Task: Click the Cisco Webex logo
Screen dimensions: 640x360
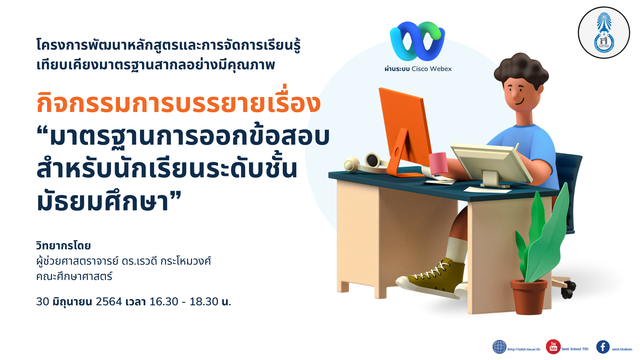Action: [417, 41]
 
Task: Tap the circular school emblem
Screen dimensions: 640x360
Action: [604, 33]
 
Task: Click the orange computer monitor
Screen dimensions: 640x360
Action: [405, 130]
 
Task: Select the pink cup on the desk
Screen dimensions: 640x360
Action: [438, 163]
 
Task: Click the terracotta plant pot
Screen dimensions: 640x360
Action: [529, 297]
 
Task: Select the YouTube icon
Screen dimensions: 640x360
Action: [553, 347]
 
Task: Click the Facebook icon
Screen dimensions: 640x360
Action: [603, 347]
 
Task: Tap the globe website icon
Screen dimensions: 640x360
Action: [499, 347]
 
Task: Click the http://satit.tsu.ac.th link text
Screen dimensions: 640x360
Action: [524, 349]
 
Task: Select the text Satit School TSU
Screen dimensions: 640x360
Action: [575, 349]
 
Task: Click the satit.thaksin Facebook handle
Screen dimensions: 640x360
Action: [622, 349]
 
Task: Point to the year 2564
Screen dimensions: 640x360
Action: [109, 302]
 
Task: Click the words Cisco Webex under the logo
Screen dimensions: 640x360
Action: [432, 69]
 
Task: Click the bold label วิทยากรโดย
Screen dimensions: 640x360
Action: [63, 246]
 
